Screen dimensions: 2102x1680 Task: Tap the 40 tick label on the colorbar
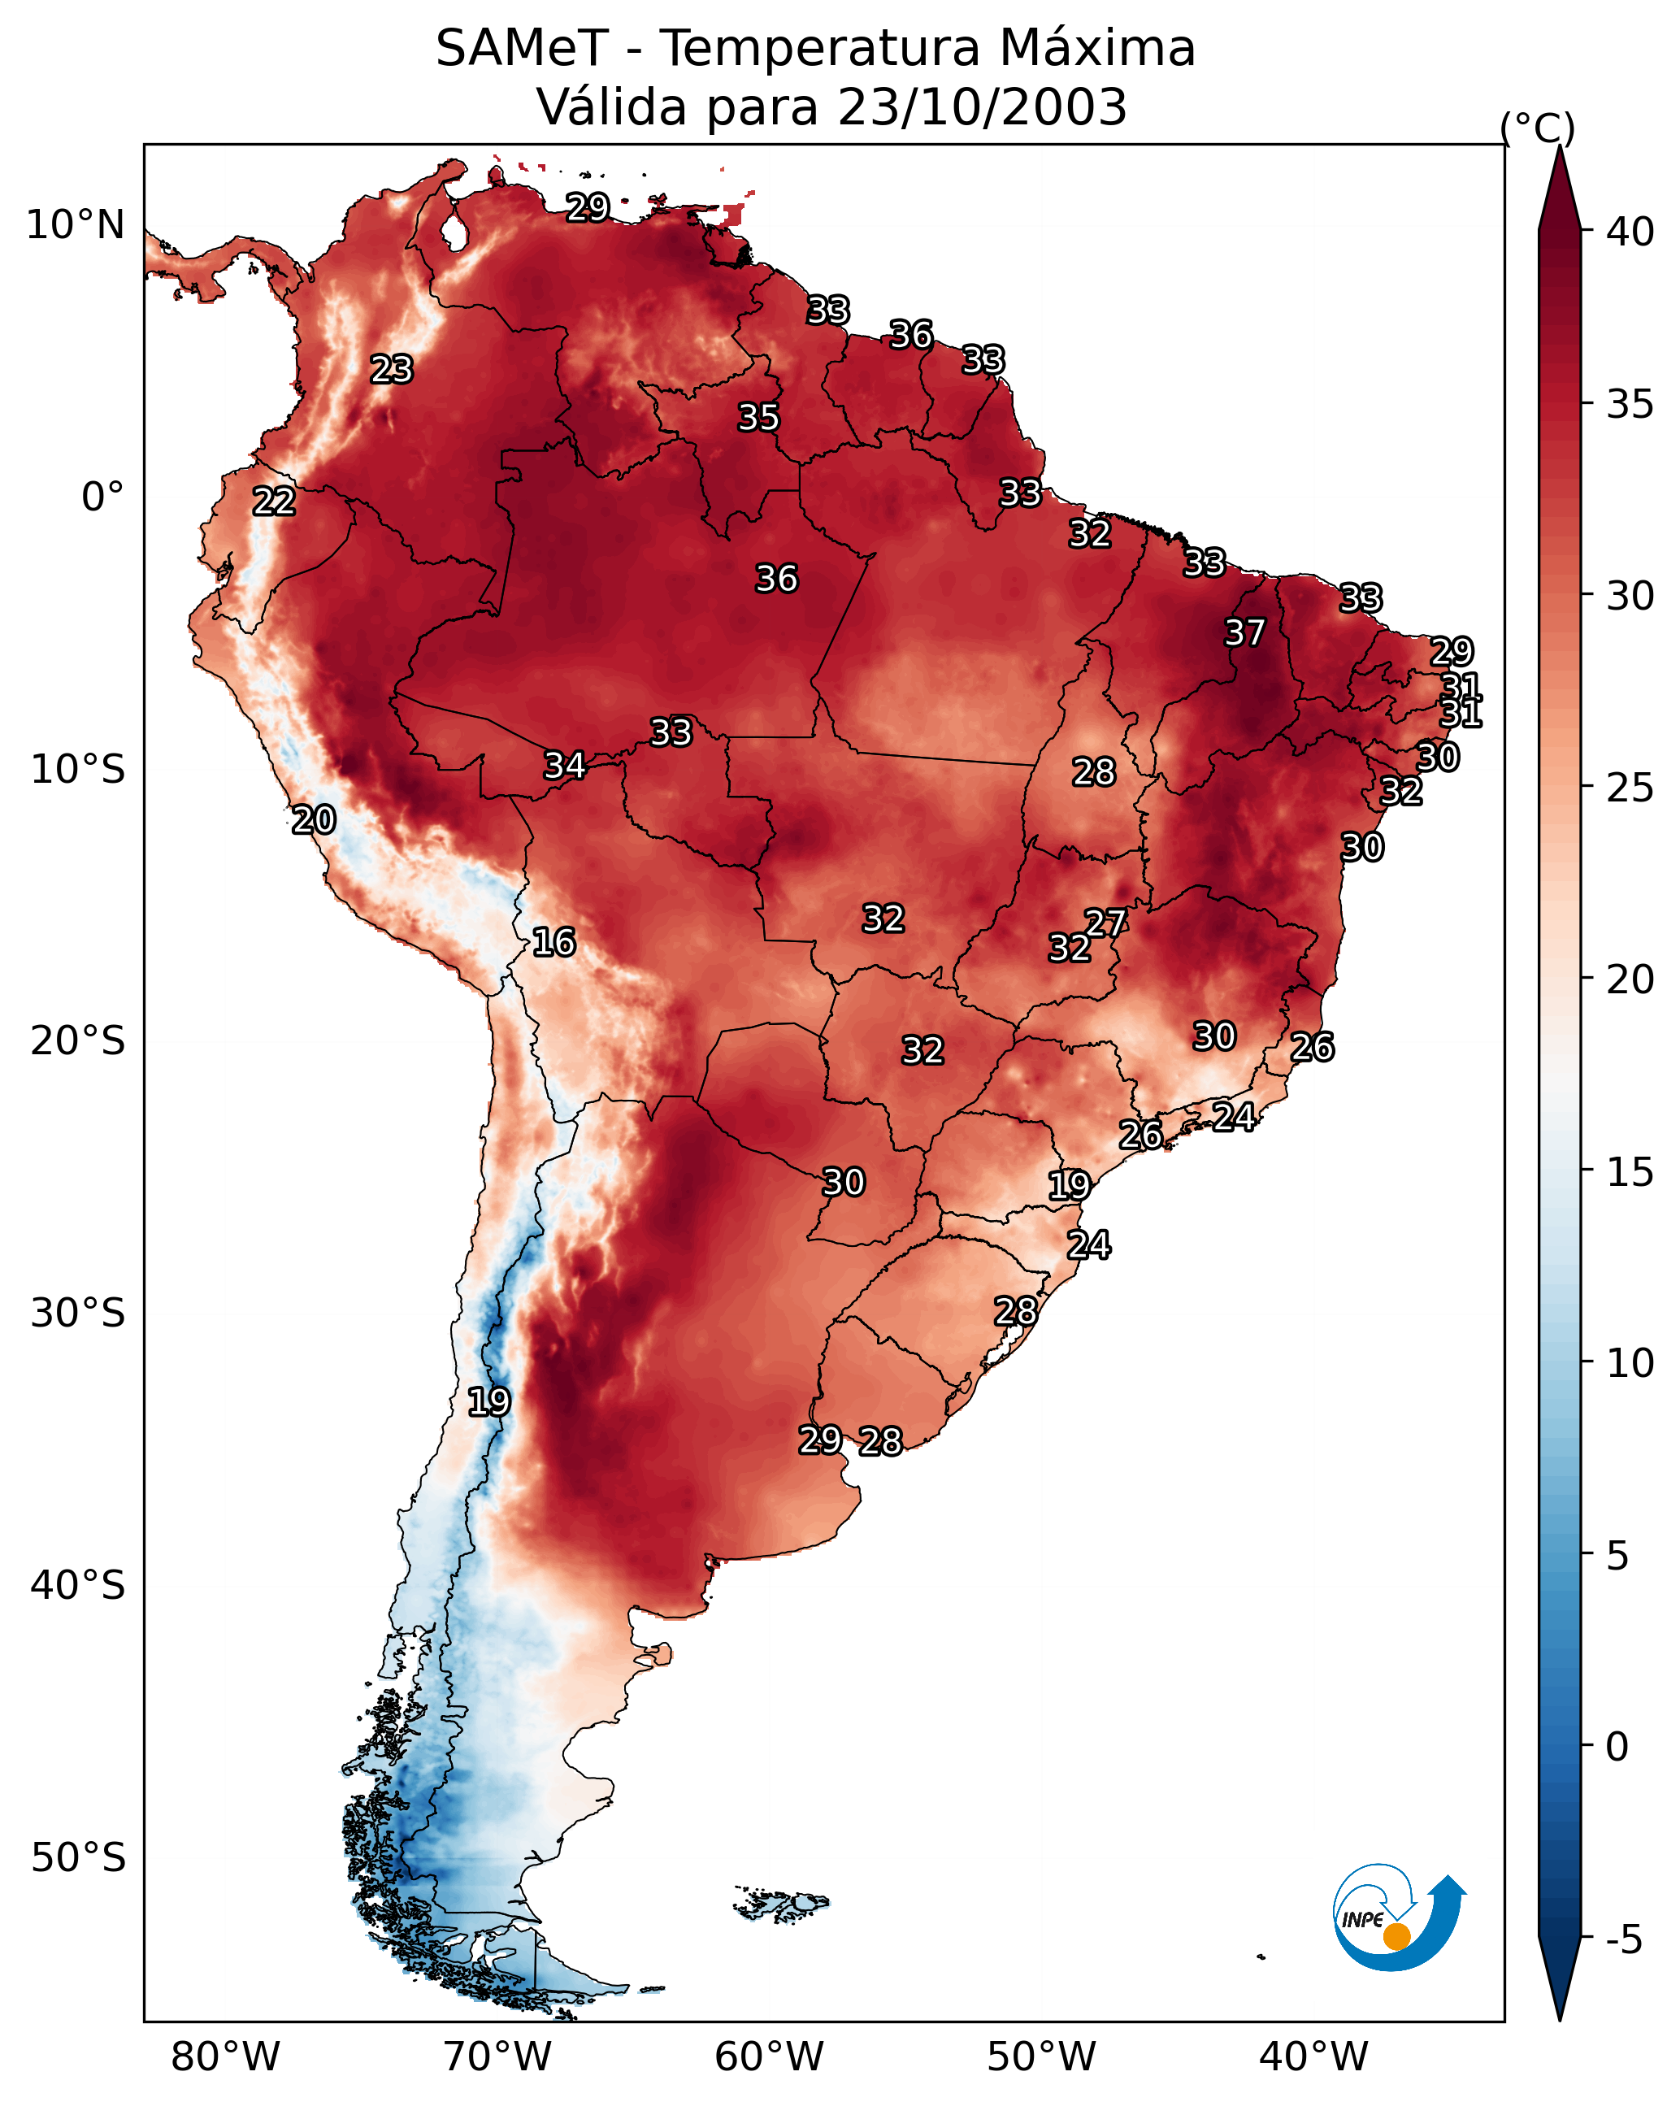(1630, 232)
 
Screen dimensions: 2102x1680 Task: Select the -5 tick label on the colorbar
(1623, 1940)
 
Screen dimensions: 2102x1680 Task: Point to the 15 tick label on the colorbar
(1630, 1172)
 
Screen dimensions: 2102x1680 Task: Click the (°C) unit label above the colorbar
(1537, 128)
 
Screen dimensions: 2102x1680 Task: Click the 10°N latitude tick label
(75, 225)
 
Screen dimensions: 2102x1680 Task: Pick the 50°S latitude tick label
(78, 1858)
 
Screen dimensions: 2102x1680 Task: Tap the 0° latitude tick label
(102, 497)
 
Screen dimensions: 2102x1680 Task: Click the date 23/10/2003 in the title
(982, 107)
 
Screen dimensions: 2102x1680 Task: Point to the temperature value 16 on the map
(553, 942)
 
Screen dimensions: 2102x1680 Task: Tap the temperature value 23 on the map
(392, 370)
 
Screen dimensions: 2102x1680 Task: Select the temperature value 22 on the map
(274, 502)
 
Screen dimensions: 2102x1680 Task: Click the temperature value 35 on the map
(758, 417)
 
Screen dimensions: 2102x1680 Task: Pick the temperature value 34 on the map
(565, 766)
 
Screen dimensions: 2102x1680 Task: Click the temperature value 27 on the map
(1105, 923)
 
